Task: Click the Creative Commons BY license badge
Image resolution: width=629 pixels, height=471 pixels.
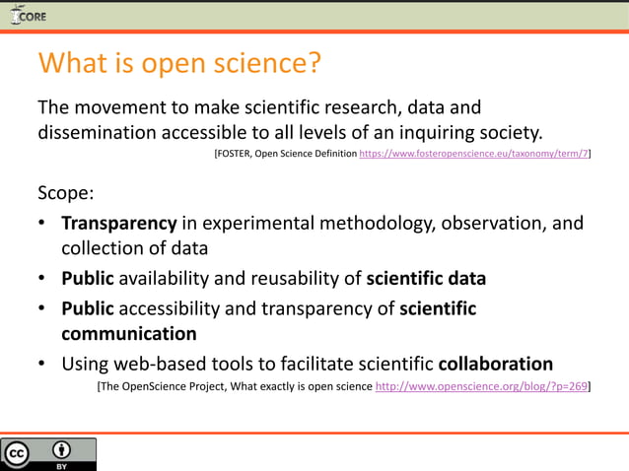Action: pos(48,454)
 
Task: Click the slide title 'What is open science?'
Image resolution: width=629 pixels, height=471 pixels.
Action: pos(179,63)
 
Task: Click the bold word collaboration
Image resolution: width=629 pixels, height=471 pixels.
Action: pos(495,362)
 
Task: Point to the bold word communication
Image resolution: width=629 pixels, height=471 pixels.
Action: pos(129,334)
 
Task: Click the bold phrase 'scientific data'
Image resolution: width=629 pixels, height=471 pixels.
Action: pos(426,279)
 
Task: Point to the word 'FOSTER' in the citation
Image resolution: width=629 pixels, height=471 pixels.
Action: pos(234,155)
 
